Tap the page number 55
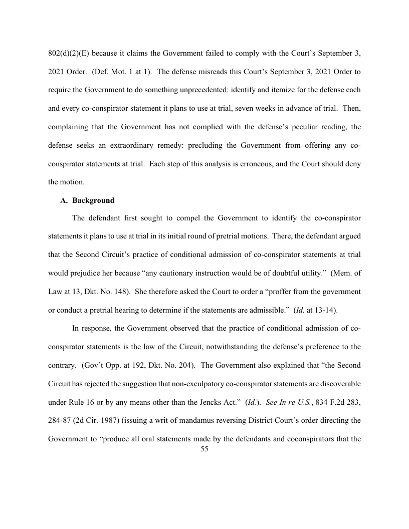click(204, 449)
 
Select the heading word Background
click(93, 200)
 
